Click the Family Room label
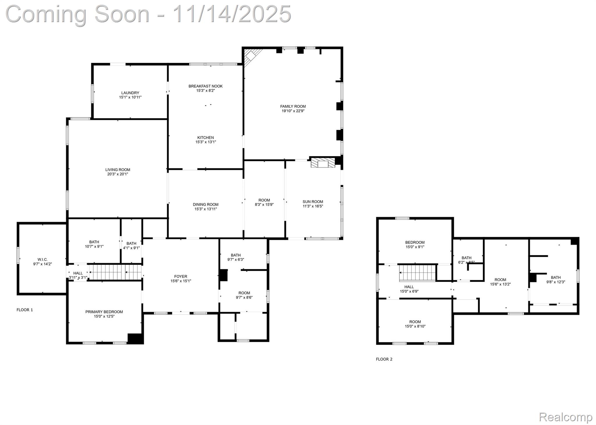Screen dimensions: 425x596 [x=293, y=106]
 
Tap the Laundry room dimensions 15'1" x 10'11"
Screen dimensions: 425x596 [x=130, y=97]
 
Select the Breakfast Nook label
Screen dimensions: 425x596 [x=205, y=86]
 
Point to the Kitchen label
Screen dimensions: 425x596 [x=205, y=137]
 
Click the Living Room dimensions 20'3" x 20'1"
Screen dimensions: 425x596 [x=118, y=174]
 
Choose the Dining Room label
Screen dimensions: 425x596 [x=205, y=205]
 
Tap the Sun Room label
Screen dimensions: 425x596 [x=313, y=202]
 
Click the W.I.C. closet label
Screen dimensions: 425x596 [x=42, y=259]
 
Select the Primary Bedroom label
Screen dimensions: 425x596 [x=104, y=312]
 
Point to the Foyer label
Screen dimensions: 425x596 [x=181, y=276]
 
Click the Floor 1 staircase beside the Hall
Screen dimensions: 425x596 [x=115, y=272]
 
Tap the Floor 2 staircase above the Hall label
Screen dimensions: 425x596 [x=417, y=273]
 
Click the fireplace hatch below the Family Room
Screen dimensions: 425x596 [x=323, y=163]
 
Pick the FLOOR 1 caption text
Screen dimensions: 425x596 [x=25, y=310]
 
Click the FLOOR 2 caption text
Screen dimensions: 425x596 [x=384, y=359]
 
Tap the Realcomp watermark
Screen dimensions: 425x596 [x=565, y=417]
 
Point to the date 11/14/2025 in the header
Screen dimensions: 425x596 [x=232, y=14]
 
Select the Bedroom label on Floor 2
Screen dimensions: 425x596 [x=415, y=242]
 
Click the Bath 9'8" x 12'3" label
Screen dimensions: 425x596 [x=556, y=277]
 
